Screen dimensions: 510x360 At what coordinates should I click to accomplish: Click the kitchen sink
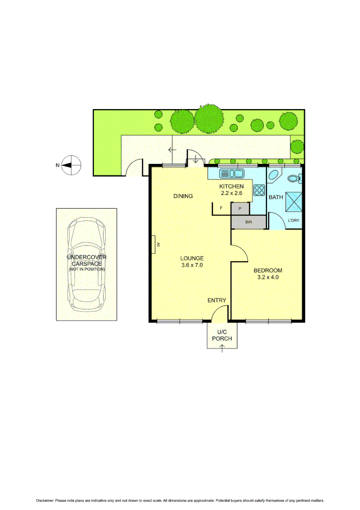(x=231, y=173)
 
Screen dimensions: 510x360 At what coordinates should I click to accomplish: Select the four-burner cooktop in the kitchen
(x=260, y=190)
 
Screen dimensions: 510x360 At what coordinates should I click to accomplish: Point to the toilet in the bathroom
(x=294, y=179)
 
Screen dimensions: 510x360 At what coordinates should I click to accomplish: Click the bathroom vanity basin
(x=274, y=176)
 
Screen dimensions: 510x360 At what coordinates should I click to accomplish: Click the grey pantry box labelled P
(x=240, y=208)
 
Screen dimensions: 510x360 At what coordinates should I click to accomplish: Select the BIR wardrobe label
(x=249, y=222)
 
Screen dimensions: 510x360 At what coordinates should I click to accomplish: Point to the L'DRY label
(x=293, y=221)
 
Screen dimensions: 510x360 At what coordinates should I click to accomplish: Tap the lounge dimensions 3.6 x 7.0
(x=192, y=265)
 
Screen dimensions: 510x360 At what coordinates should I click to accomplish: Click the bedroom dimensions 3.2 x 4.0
(x=268, y=278)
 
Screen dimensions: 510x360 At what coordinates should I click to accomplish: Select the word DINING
(x=183, y=196)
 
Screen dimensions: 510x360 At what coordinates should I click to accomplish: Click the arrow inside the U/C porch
(x=222, y=348)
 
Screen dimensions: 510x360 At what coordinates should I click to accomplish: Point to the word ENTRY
(x=217, y=300)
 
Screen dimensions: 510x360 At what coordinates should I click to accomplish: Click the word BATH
(x=276, y=197)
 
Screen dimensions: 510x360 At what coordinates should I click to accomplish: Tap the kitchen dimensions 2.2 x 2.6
(x=231, y=193)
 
